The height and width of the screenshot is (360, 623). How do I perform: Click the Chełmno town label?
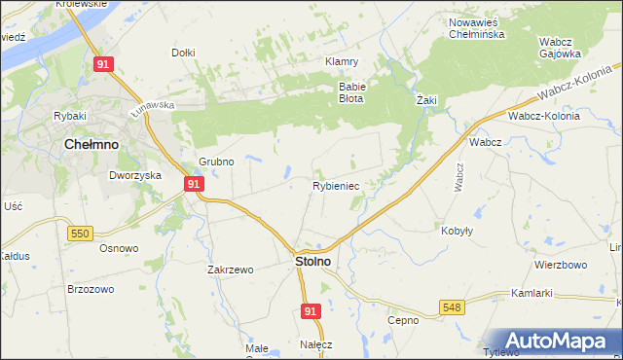(91, 144)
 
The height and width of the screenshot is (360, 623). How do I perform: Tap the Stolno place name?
(312, 262)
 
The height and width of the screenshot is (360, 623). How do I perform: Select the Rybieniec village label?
(337, 185)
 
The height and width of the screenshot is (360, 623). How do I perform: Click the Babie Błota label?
(350, 91)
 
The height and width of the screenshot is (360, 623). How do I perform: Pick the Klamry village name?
(342, 60)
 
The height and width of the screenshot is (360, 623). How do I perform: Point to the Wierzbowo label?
(560, 265)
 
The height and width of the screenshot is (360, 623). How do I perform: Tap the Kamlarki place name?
(531, 293)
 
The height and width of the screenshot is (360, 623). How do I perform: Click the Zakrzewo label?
(230, 270)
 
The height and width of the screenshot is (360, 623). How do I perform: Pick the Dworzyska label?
(133, 176)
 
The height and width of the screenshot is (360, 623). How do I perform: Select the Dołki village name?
(183, 53)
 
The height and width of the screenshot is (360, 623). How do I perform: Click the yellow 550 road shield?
(81, 234)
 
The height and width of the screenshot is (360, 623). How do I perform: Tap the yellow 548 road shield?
(453, 307)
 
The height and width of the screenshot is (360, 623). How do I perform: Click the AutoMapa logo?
(554, 341)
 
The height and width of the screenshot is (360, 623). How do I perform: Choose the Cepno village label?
(402, 320)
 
